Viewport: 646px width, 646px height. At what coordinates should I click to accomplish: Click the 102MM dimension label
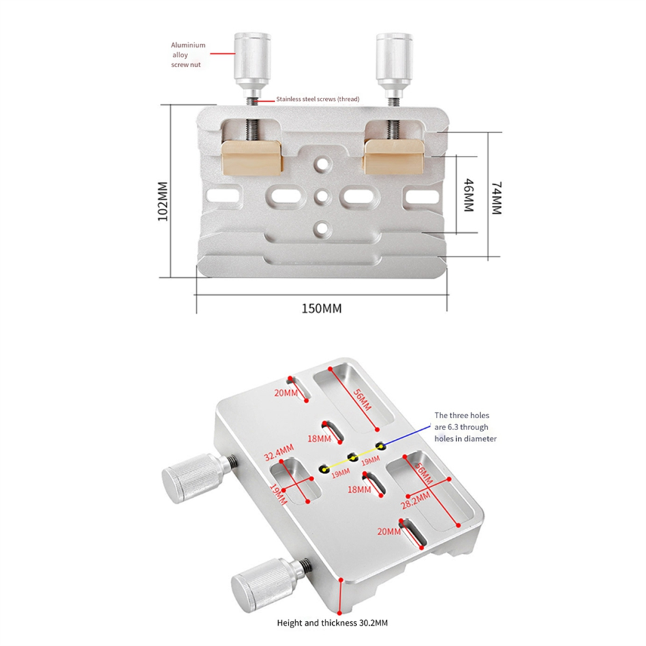coord(163,201)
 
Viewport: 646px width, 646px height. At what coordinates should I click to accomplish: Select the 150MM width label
coord(322,309)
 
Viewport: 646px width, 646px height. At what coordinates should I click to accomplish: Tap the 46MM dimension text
coord(469,195)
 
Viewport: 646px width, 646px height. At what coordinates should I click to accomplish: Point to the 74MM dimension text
coord(497,198)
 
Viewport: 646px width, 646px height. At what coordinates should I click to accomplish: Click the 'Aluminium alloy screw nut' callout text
coord(188,55)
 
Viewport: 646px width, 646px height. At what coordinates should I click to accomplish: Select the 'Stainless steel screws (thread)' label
coord(318,99)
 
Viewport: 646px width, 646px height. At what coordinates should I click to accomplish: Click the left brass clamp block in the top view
coord(252,157)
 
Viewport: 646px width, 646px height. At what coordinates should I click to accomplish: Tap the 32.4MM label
coord(279,452)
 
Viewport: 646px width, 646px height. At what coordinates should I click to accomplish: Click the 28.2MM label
coord(416,500)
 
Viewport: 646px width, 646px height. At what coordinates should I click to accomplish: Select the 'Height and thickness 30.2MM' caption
coord(332,623)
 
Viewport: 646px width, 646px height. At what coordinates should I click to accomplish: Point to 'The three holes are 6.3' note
coord(465,427)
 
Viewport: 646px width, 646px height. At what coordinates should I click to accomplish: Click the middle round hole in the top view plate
coord(322,196)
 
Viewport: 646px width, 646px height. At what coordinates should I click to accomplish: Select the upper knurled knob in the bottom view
coord(198,478)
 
